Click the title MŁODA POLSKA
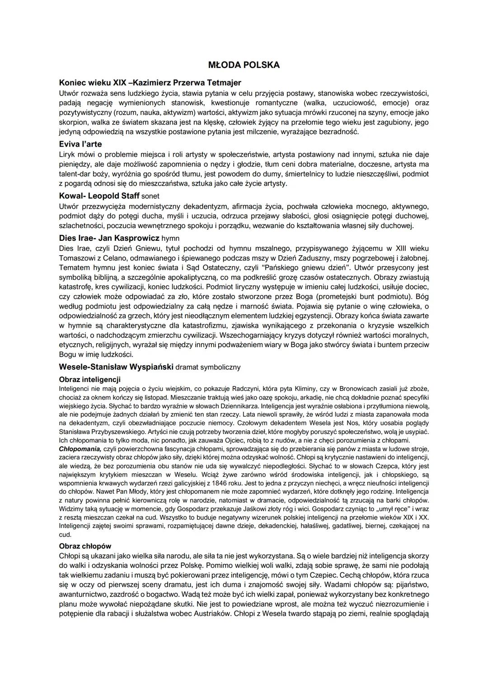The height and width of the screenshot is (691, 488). pos(244,65)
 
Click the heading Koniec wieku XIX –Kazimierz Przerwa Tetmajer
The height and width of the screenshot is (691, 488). pos(150,83)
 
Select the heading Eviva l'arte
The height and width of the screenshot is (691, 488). pos(80,144)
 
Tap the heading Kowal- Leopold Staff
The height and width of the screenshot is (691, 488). pos(99,196)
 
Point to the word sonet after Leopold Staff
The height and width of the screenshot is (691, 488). pos(150,196)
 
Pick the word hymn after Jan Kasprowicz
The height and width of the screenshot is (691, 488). pos(170,238)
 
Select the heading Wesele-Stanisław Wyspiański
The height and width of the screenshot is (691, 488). pos(116,367)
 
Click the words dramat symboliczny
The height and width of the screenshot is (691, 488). pos(208,367)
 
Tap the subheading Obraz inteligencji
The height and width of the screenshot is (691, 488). pos(90,379)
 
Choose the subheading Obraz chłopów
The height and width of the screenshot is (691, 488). pos(85,546)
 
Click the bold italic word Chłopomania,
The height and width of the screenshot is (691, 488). pos(80,449)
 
